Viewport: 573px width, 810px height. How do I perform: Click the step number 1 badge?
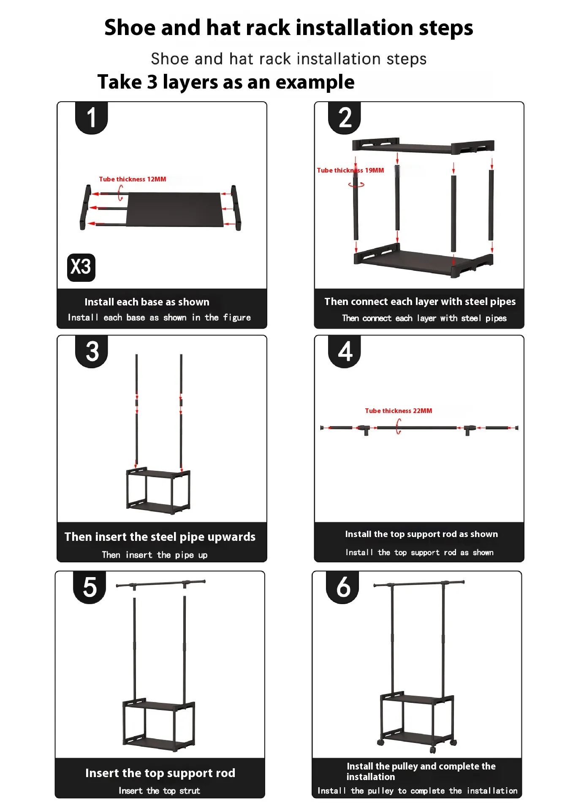tap(91, 118)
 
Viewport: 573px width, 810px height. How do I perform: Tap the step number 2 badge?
tap(345, 118)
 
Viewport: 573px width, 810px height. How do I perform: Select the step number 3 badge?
tap(92, 351)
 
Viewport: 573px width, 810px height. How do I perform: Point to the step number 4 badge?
tap(345, 351)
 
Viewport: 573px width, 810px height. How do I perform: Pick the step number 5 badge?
tap(90, 587)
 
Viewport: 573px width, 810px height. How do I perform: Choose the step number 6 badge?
tap(342, 587)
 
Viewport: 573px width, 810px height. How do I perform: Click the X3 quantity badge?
tap(81, 267)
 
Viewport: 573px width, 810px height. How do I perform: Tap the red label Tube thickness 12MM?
tap(133, 179)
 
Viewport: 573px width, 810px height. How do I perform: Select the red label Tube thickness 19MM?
tap(350, 170)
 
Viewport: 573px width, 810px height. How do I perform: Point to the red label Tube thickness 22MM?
tap(399, 411)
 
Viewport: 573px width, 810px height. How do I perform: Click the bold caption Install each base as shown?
tap(147, 302)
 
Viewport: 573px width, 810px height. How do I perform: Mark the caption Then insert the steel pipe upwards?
tap(160, 537)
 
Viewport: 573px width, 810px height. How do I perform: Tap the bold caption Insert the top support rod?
tap(160, 773)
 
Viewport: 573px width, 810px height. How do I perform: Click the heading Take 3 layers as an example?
tap(226, 82)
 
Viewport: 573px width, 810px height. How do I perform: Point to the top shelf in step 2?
tap(423, 146)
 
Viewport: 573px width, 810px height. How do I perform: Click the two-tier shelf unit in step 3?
tap(158, 491)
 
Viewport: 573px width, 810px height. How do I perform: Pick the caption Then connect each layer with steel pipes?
tap(420, 302)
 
